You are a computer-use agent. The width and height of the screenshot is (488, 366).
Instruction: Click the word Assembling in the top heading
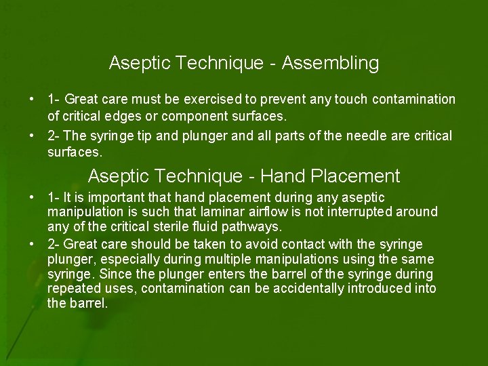(330, 64)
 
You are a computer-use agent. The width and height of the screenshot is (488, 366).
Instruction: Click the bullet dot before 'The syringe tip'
(31, 136)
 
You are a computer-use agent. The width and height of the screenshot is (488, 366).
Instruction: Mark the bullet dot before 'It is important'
(31, 197)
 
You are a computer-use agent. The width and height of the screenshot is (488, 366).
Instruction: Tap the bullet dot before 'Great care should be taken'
(31, 243)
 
